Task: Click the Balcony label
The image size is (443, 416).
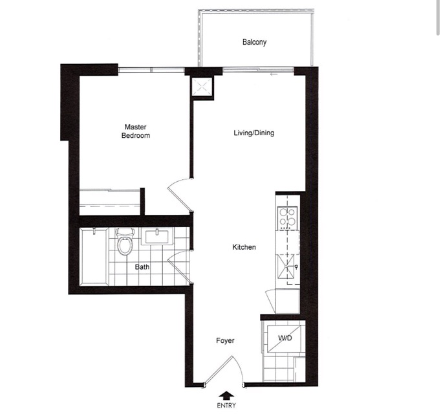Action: pyautogui.click(x=254, y=42)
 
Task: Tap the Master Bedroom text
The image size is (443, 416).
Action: pyautogui.click(x=136, y=131)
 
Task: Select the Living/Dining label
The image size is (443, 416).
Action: pyautogui.click(x=254, y=133)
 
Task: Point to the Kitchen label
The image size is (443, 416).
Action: pyautogui.click(x=244, y=247)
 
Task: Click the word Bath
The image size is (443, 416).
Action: pyautogui.click(x=142, y=267)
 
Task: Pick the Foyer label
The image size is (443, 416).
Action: pyautogui.click(x=225, y=340)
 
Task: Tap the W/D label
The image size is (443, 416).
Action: pyautogui.click(x=285, y=338)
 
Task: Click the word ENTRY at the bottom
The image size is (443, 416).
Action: pyautogui.click(x=226, y=405)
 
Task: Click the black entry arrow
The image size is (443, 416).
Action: pyautogui.click(x=226, y=395)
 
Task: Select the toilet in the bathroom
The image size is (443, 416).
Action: pyautogui.click(x=125, y=241)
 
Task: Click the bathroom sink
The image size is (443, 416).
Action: pyautogui.click(x=157, y=237)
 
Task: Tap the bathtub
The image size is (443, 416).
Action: pyautogui.click(x=94, y=257)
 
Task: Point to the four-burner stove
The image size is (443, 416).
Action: pyautogui.click(x=288, y=218)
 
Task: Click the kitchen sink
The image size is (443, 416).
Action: pyautogui.click(x=286, y=267)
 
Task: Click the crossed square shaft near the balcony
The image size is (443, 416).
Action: pyautogui.click(x=202, y=87)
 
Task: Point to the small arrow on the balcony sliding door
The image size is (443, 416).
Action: pyautogui.click(x=273, y=74)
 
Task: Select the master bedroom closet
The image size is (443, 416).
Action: pyautogui.click(x=110, y=202)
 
